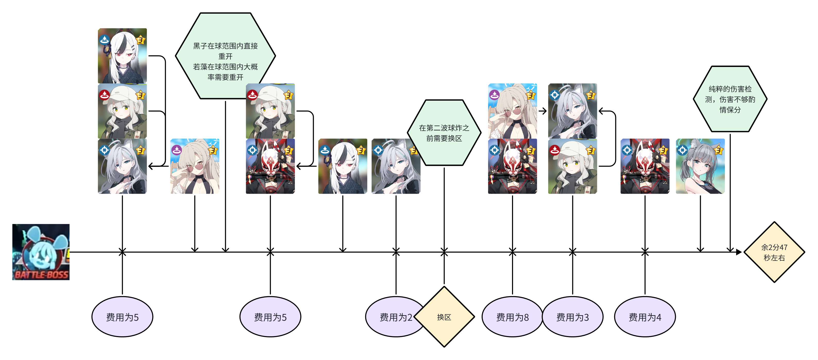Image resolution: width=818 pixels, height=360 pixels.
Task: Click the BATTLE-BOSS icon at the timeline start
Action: [41, 252]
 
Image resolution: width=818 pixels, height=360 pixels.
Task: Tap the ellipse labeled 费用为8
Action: [512, 317]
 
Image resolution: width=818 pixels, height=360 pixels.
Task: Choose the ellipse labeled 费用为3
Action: [572, 317]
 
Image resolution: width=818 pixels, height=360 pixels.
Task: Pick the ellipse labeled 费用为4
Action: [645, 317]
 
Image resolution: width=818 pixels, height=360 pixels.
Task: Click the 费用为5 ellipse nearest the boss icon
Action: [122, 317]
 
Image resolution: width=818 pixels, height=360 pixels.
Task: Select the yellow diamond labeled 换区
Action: [444, 317]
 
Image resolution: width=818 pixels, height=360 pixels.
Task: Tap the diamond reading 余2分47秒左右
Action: [774, 252]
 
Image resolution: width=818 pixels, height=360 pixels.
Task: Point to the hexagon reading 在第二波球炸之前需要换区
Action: [444, 133]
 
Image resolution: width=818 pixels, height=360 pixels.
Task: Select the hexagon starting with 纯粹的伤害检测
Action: [730, 99]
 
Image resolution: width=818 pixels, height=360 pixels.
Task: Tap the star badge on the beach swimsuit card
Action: [718, 150]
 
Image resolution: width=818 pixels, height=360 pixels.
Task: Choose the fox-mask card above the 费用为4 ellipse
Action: [645, 166]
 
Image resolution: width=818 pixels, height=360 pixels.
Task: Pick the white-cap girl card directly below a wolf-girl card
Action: [572, 166]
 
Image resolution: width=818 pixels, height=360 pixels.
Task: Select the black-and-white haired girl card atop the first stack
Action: [122, 56]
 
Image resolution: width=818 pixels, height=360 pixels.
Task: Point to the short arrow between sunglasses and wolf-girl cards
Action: [542, 111]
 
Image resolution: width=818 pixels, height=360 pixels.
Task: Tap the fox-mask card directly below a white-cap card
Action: [270, 166]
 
